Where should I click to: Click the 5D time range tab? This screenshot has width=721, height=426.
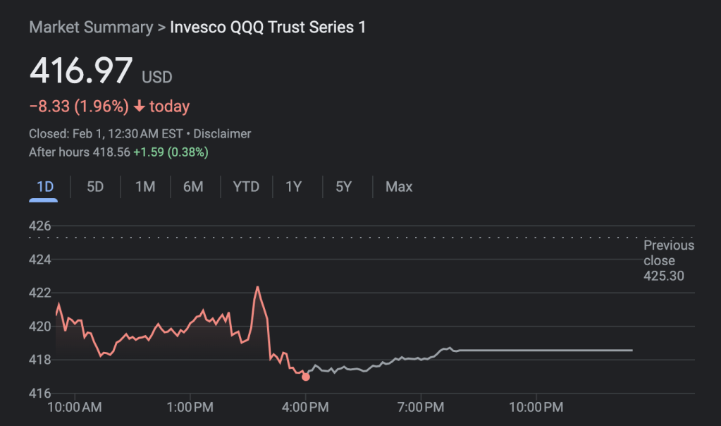[95, 187]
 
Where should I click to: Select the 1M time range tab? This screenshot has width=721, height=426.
[145, 187]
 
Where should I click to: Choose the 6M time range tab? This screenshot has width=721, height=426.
[193, 187]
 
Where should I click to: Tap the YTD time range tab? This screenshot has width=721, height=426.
[246, 187]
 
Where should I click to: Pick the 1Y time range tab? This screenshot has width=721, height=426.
[293, 187]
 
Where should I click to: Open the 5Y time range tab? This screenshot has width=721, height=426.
[343, 187]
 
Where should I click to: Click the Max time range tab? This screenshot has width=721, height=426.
[399, 187]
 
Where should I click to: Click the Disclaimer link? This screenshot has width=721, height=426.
[222, 133]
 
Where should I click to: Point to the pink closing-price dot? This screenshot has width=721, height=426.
[305, 377]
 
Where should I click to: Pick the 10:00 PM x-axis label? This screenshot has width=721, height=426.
[535, 407]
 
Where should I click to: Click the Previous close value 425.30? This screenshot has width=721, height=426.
[663, 276]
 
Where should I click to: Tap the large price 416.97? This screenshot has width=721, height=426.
[80, 71]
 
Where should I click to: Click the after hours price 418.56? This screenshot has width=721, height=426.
[111, 152]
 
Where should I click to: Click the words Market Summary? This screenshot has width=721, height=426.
[91, 28]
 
